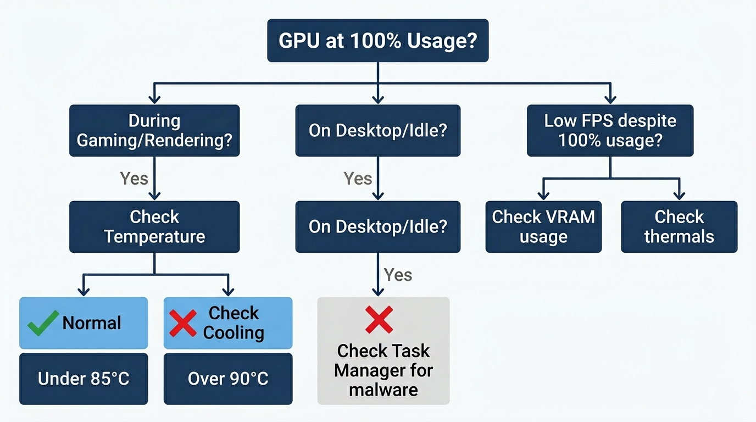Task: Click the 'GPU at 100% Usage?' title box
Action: [377, 41]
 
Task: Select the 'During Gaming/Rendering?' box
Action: [154, 131]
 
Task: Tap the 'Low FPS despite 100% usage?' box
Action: [610, 131]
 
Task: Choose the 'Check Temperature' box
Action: [154, 226]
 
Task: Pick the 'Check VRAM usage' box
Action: [543, 226]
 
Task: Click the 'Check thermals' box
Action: [679, 226]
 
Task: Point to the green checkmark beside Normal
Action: [43, 323]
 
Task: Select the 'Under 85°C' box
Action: [84, 379]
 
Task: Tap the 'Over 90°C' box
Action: [228, 379]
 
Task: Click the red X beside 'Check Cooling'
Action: [183, 323]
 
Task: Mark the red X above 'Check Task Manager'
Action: [379, 320]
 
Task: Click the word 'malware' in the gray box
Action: [383, 390]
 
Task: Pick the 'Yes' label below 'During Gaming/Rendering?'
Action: [134, 178]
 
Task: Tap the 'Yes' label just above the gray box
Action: [398, 275]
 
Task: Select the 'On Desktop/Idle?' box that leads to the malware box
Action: [377, 226]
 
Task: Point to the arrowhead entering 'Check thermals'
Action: [679, 195]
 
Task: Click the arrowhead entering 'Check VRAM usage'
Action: [543, 195]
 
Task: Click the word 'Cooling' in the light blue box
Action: [234, 333]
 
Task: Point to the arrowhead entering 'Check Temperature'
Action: [154, 195]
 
